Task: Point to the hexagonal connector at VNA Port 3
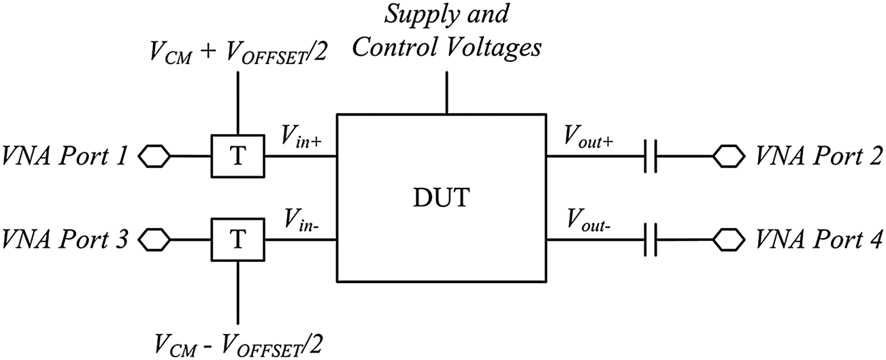(154, 240)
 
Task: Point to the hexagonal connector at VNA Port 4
(728, 240)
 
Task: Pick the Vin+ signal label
(297, 140)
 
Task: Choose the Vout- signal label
(587, 222)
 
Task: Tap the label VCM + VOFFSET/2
(237, 54)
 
